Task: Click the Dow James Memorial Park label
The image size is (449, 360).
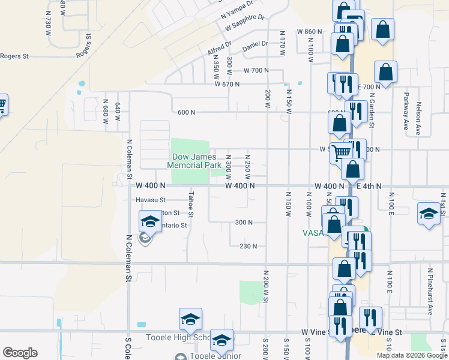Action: (x=191, y=161)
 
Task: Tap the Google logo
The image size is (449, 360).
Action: (x=20, y=352)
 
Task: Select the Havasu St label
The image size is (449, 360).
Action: (x=150, y=200)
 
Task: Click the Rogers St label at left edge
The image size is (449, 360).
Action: (x=14, y=56)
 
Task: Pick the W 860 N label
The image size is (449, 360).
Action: (x=309, y=31)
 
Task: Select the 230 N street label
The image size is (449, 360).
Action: (x=248, y=246)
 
